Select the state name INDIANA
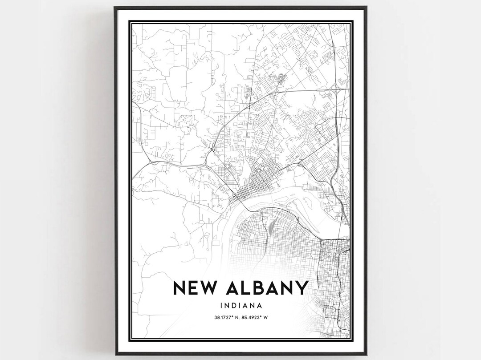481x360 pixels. [240, 306]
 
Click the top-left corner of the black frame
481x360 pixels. [115, 8]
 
